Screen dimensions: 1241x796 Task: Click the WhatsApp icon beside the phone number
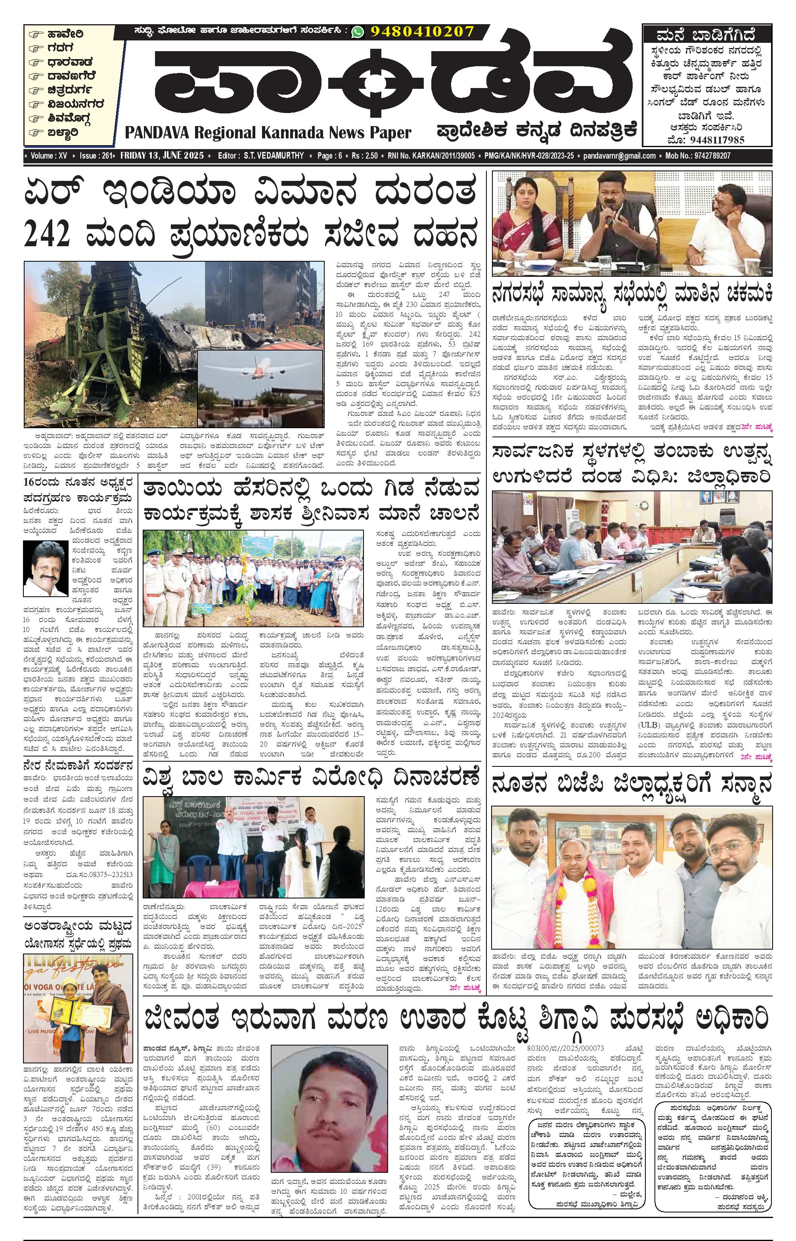click(357, 32)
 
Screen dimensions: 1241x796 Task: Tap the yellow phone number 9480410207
click(422, 32)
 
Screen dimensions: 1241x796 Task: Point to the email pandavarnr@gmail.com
click(619, 155)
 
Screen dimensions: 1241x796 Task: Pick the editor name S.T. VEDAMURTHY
click(274, 155)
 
